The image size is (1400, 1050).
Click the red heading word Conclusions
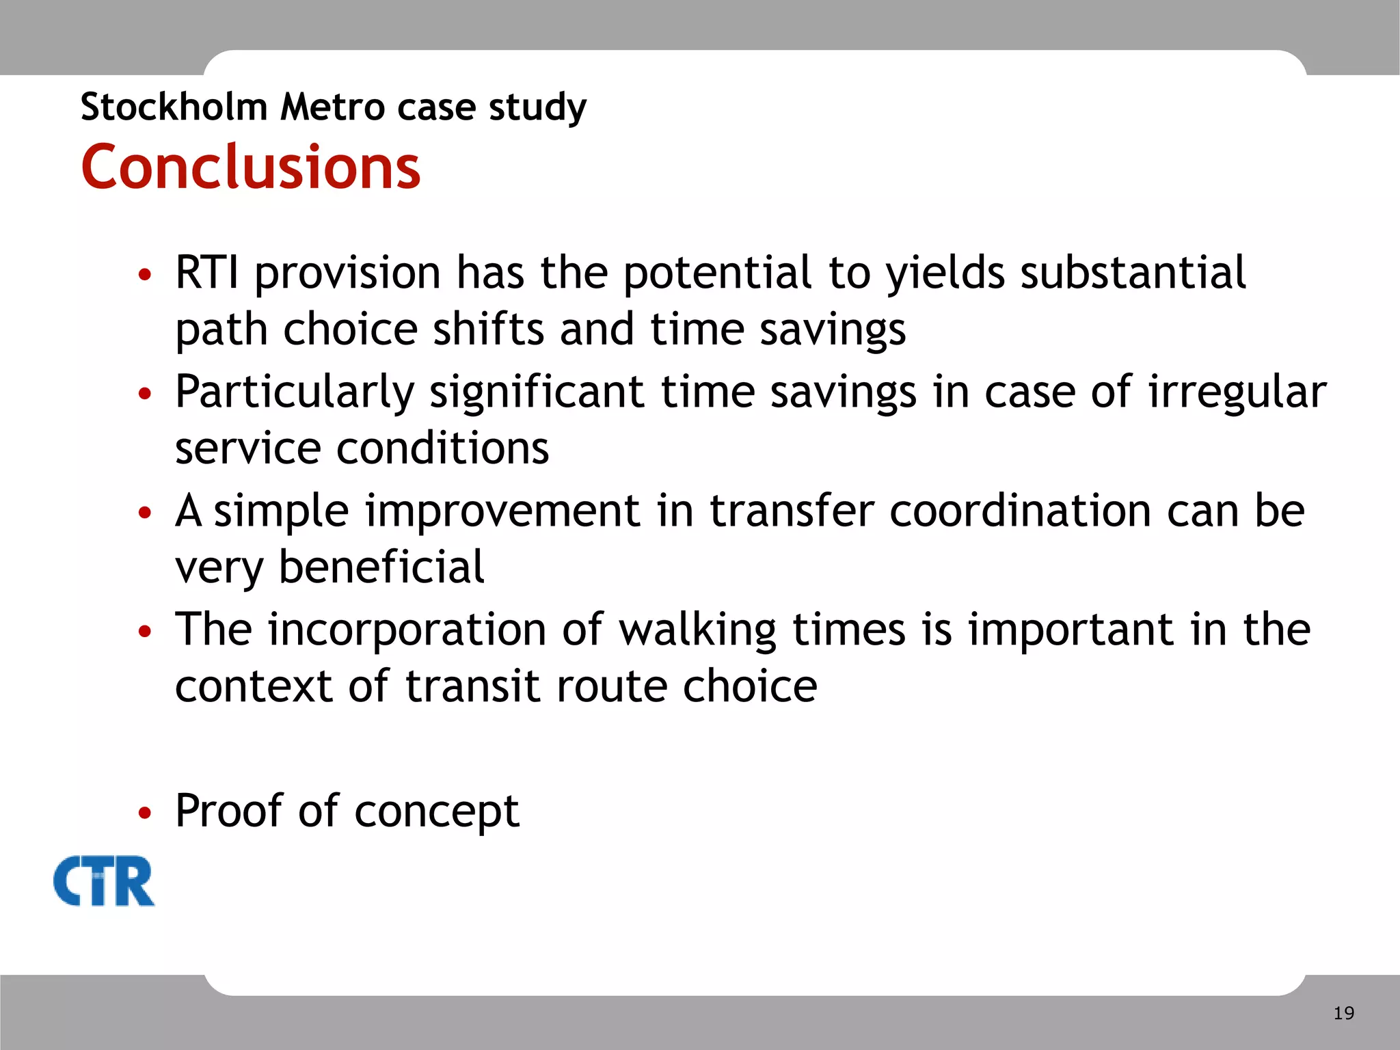click(x=250, y=167)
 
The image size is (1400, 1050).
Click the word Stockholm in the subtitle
click(x=174, y=107)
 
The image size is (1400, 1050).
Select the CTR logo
click(x=104, y=881)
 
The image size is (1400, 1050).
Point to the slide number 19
click(x=1343, y=1013)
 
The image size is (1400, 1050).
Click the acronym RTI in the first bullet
click(x=207, y=273)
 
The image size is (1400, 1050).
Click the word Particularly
click(x=295, y=393)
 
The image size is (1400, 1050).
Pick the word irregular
click(x=1237, y=393)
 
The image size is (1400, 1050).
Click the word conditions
click(x=442, y=449)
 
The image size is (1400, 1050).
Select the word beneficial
click(x=381, y=567)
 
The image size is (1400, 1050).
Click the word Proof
click(x=228, y=811)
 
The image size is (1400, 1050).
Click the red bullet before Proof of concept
click(x=144, y=813)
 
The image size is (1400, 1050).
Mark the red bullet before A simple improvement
click(x=144, y=513)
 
